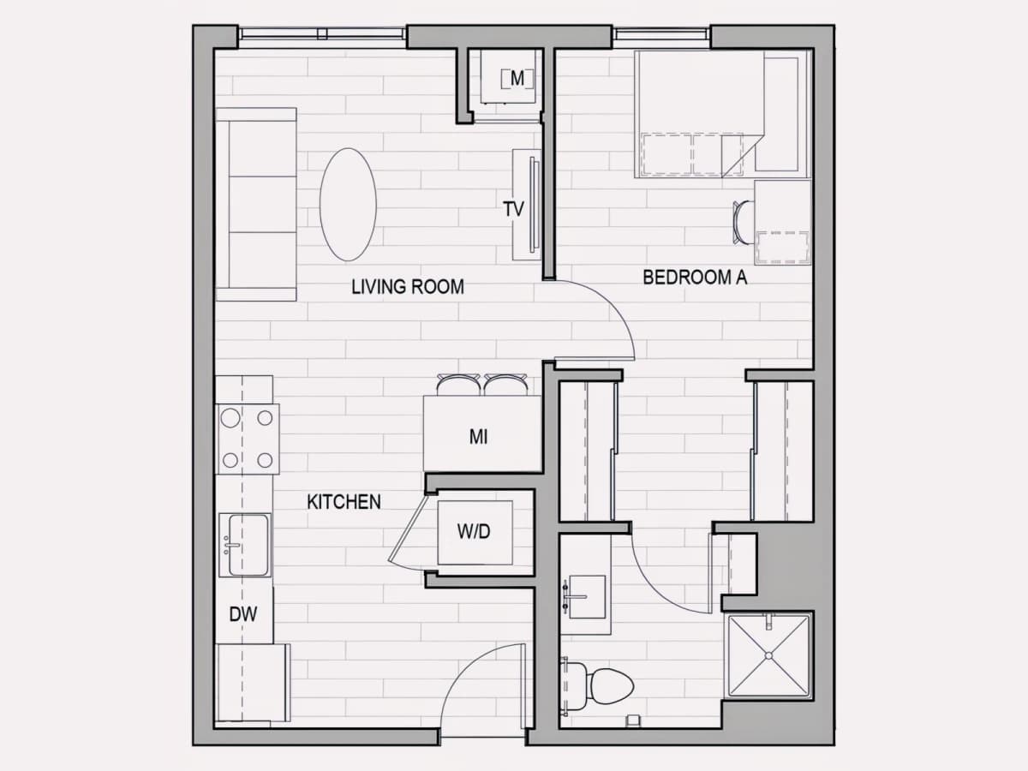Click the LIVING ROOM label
[408, 287]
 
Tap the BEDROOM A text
[695, 277]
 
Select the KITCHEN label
[344, 502]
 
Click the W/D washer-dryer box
[475, 532]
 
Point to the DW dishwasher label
[243, 614]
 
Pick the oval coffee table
[348, 205]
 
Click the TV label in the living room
[513, 209]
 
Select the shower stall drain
[768, 656]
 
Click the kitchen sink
[245, 545]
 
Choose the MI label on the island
[478, 437]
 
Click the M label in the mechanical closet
[517, 78]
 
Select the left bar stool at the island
[458, 385]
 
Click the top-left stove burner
[230, 417]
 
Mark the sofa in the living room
[255, 204]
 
